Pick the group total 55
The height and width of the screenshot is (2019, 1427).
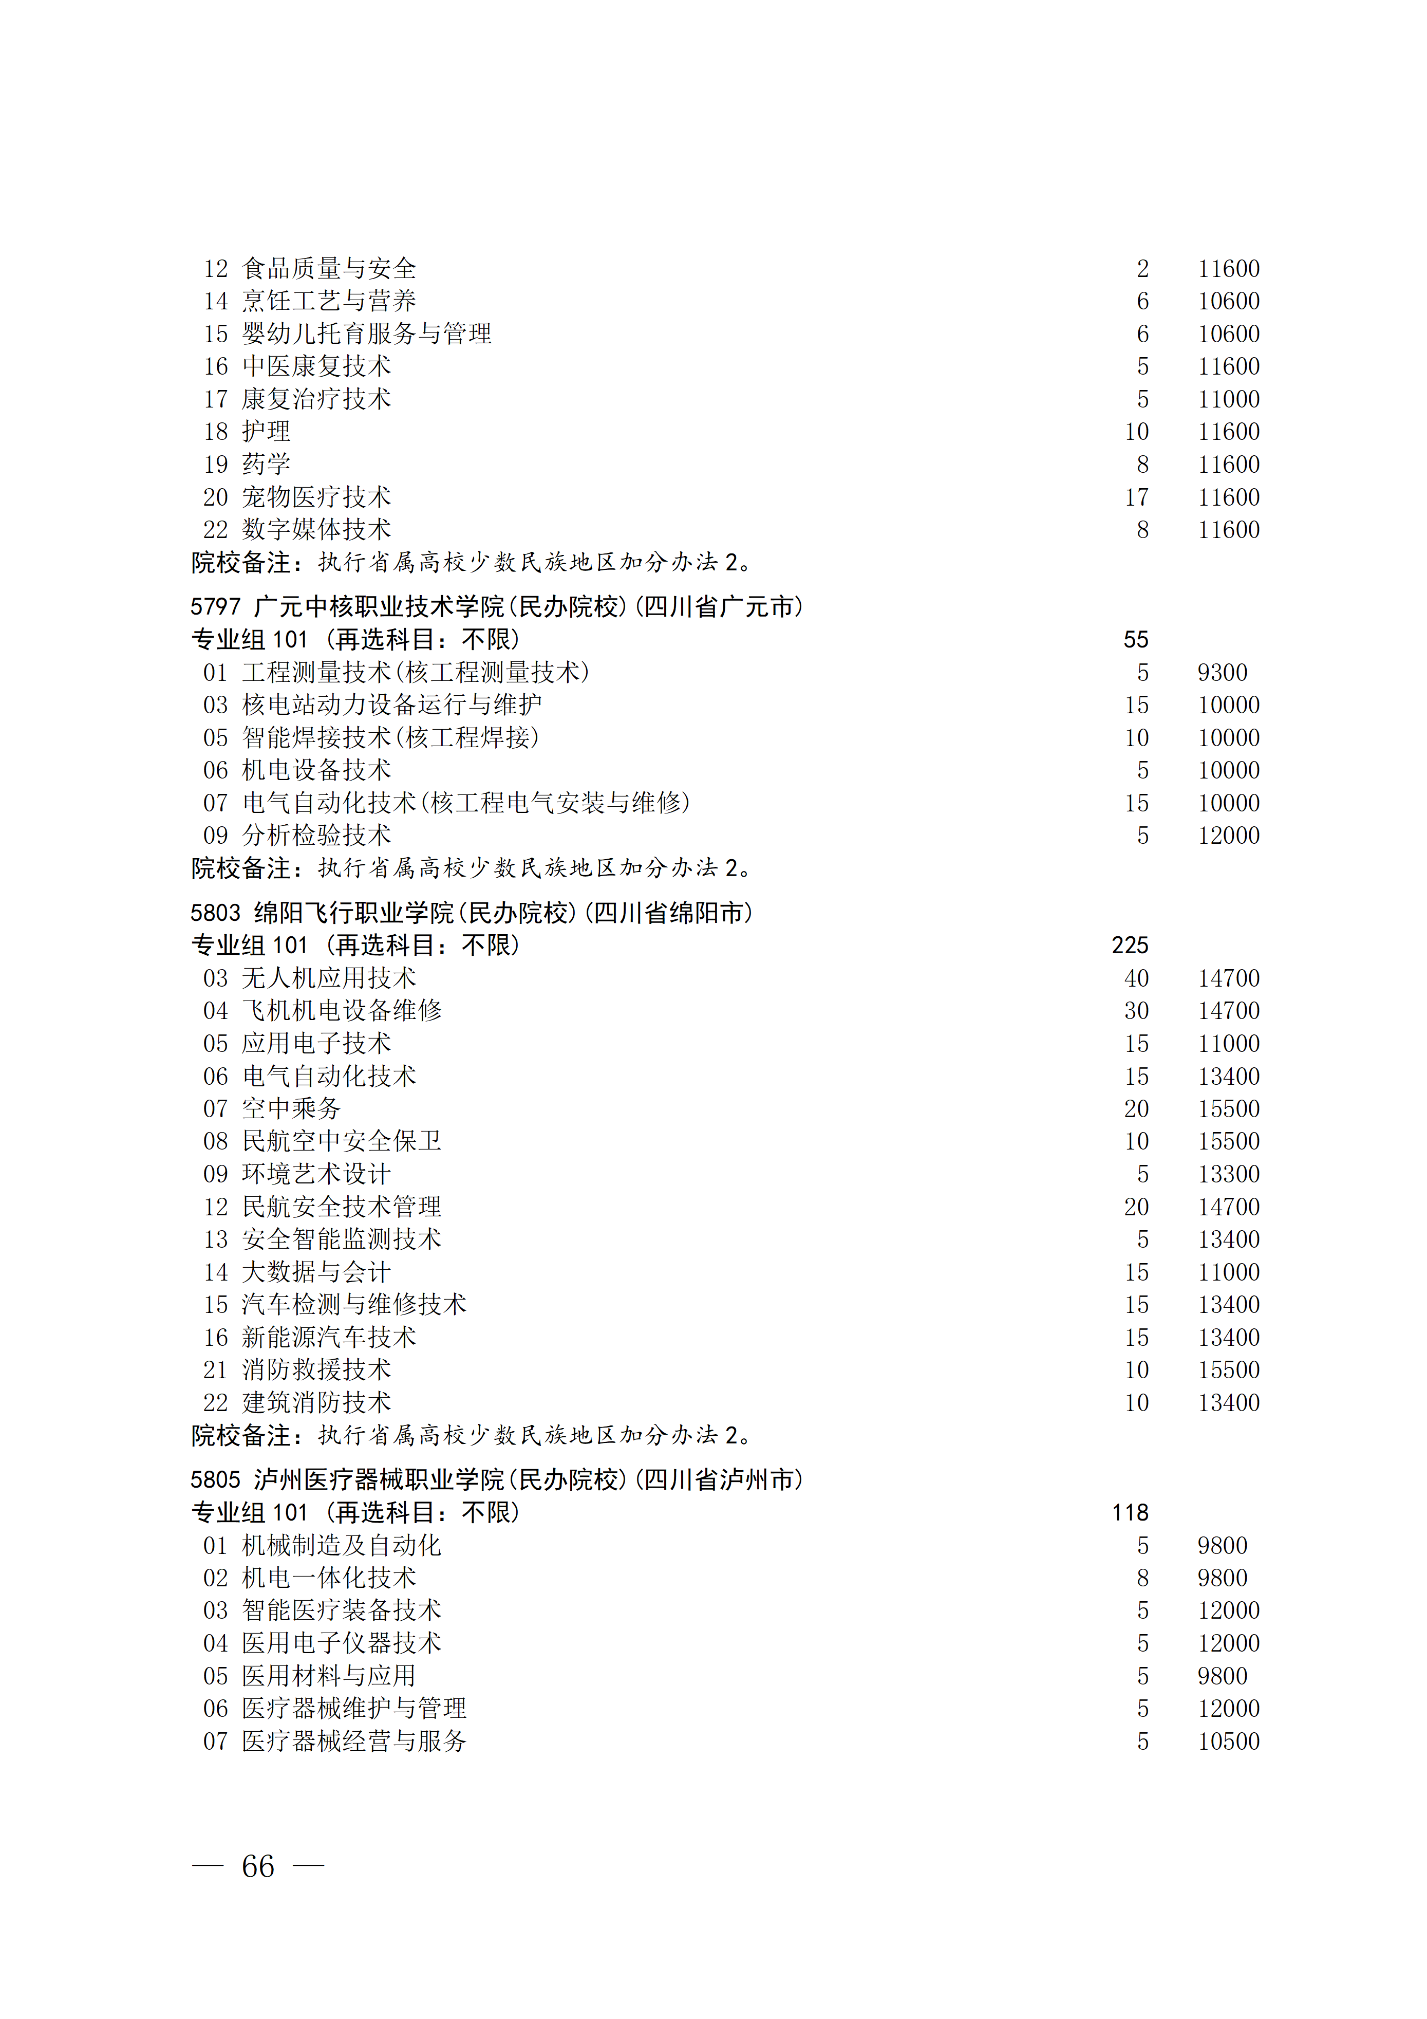point(1136,639)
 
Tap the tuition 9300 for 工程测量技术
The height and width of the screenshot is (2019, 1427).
point(1222,672)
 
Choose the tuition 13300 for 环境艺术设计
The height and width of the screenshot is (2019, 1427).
point(1228,1174)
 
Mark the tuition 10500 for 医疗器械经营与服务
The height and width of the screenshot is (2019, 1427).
point(1228,1741)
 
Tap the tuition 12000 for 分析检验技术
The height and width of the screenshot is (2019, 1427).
point(1228,836)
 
